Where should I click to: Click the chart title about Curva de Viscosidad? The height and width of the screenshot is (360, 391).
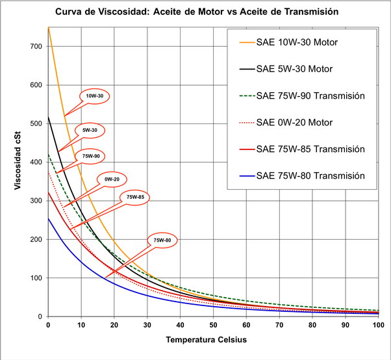tap(196, 12)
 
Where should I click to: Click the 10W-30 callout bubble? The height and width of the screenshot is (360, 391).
tap(95, 96)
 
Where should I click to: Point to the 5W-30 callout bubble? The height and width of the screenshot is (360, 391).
tap(90, 130)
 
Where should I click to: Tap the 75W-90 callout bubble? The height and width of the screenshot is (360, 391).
tap(89, 156)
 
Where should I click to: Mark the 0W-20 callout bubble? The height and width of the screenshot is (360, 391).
tap(112, 179)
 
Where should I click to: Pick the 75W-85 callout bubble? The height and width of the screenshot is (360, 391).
tap(134, 197)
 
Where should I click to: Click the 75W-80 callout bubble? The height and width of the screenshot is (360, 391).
tap(162, 240)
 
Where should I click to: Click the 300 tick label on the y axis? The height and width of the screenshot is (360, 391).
tap(35, 201)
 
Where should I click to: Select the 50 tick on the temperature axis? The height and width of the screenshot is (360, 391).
tap(213, 325)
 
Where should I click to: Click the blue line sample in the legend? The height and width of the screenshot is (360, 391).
tap(246, 175)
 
